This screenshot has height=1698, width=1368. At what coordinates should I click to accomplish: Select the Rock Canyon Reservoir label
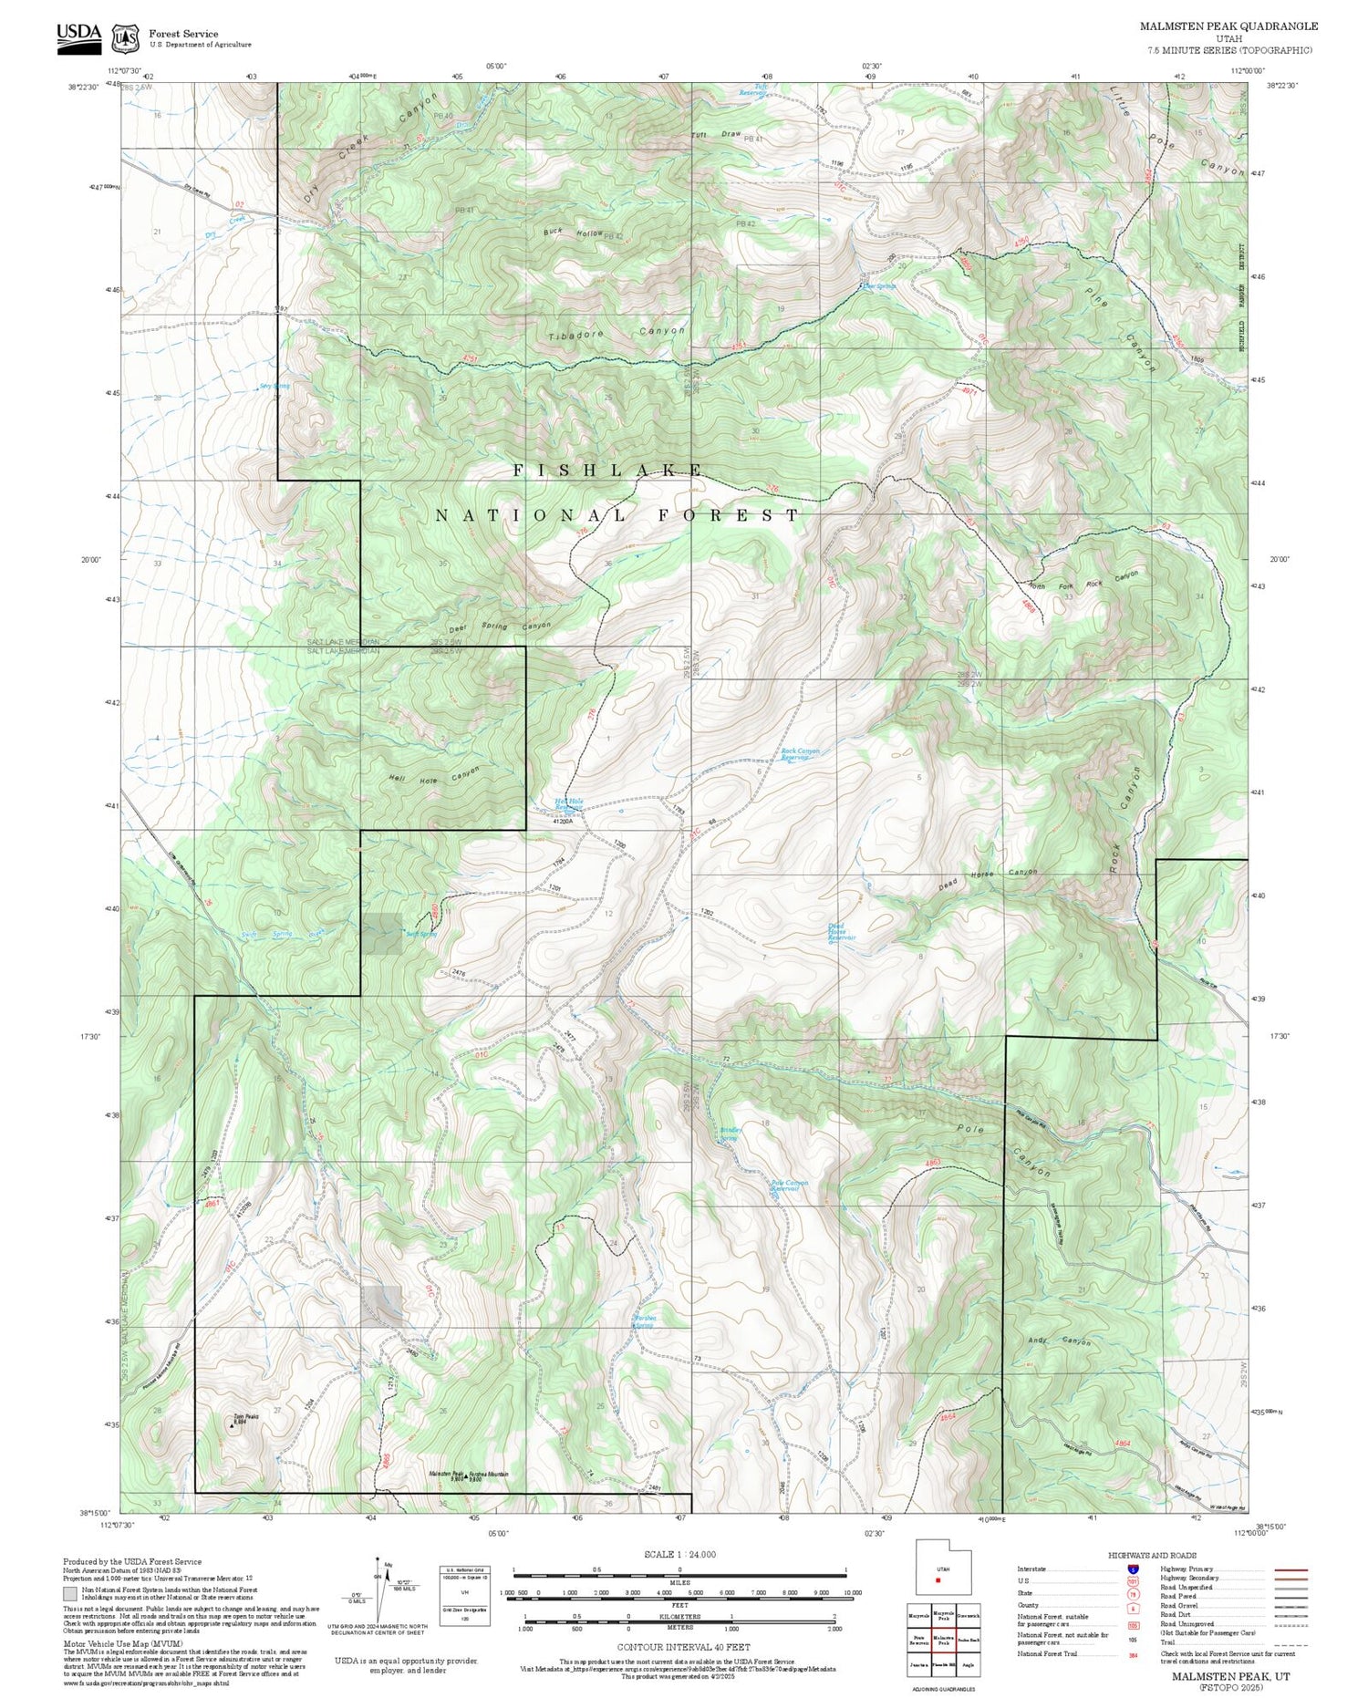(800, 754)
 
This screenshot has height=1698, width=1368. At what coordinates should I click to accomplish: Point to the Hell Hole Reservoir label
(568, 804)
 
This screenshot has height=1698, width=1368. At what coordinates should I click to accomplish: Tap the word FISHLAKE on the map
(607, 471)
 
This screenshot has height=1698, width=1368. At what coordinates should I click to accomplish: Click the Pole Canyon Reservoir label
(790, 1185)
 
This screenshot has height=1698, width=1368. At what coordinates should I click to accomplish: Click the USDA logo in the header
(79, 36)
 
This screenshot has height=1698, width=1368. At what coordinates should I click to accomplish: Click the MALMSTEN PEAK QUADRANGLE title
(1228, 26)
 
